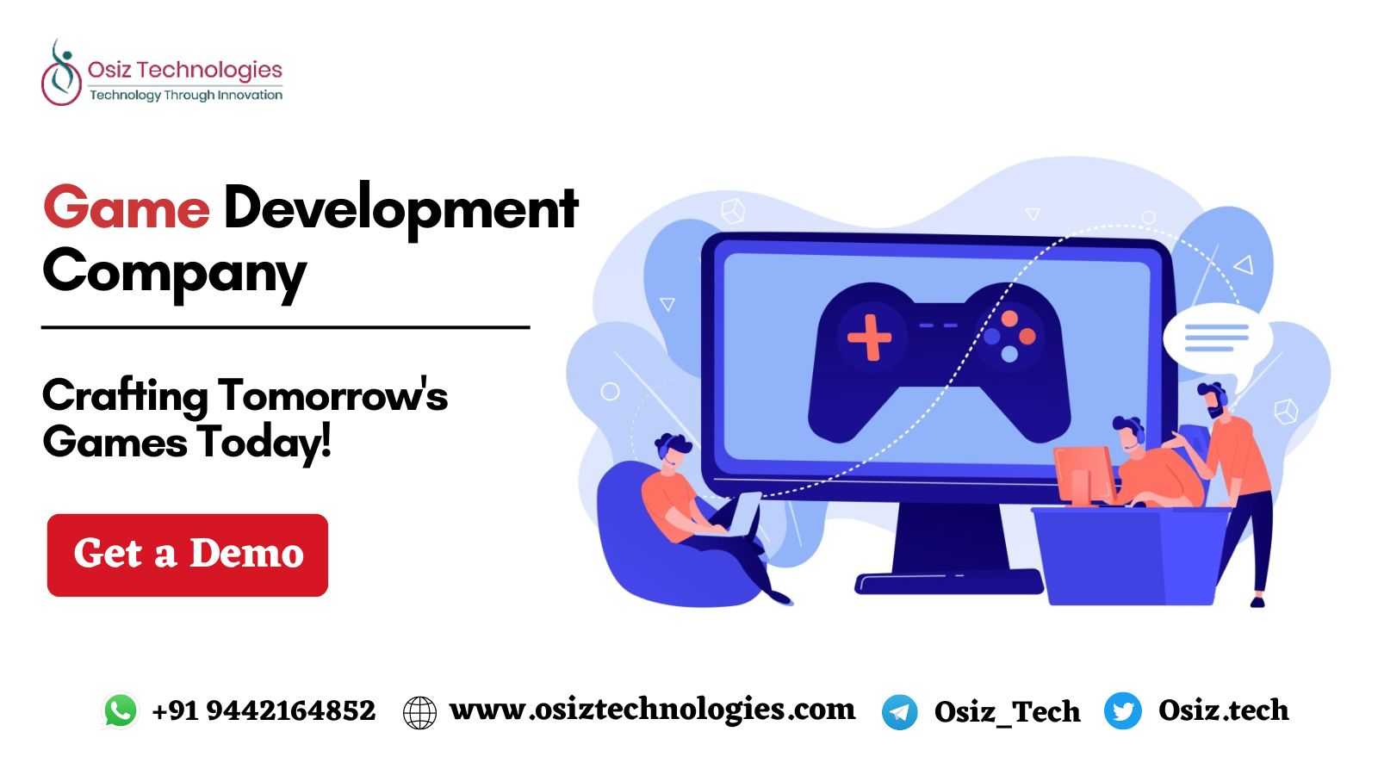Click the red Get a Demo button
[x=188, y=555]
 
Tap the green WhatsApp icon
[x=121, y=711]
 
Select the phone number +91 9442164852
[x=264, y=711]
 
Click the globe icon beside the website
[x=419, y=713]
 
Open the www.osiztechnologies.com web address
[x=652, y=710]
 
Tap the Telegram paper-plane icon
[x=899, y=712]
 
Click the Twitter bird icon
[x=1123, y=710]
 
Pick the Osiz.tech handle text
[x=1224, y=710]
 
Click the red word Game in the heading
[x=127, y=208]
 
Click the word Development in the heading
[x=401, y=210]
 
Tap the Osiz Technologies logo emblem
[x=61, y=72]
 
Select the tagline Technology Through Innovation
[x=186, y=96]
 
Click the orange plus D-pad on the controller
[x=869, y=337]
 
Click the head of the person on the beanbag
[x=673, y=451]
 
